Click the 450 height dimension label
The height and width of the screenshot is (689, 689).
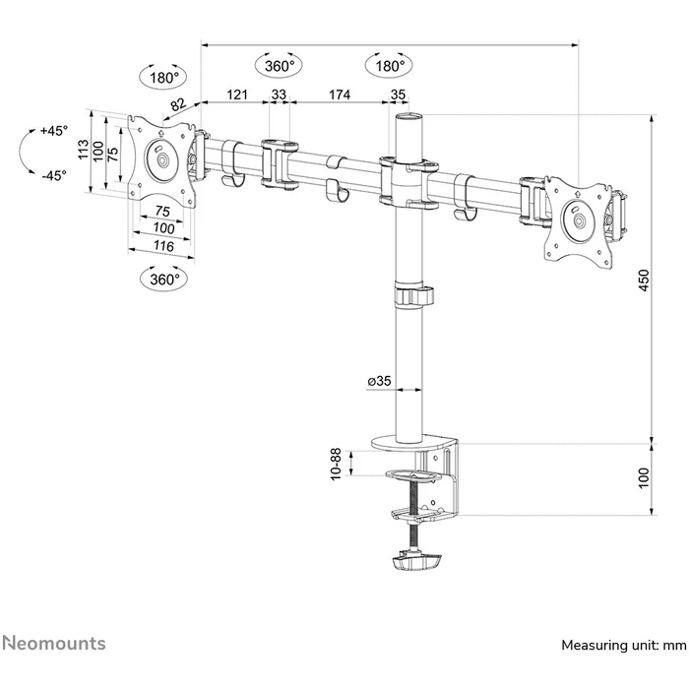[644, 282]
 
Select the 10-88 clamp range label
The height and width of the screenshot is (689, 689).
[337, 464]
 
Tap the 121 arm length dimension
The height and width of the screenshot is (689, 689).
[236, 94]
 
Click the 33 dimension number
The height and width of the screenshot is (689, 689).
[279, 94]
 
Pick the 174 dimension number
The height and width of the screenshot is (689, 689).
[340, 94]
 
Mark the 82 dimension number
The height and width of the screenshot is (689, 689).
[177, 105]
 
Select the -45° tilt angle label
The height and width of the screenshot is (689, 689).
[53, 175]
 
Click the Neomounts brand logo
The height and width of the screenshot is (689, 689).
[54, 644]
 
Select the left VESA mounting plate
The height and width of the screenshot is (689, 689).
[162, 159]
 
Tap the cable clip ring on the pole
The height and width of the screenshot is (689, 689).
[413, 296]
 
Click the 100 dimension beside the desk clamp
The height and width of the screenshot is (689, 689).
[644, 478]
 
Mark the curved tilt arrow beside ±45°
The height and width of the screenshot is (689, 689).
[24, 154]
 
